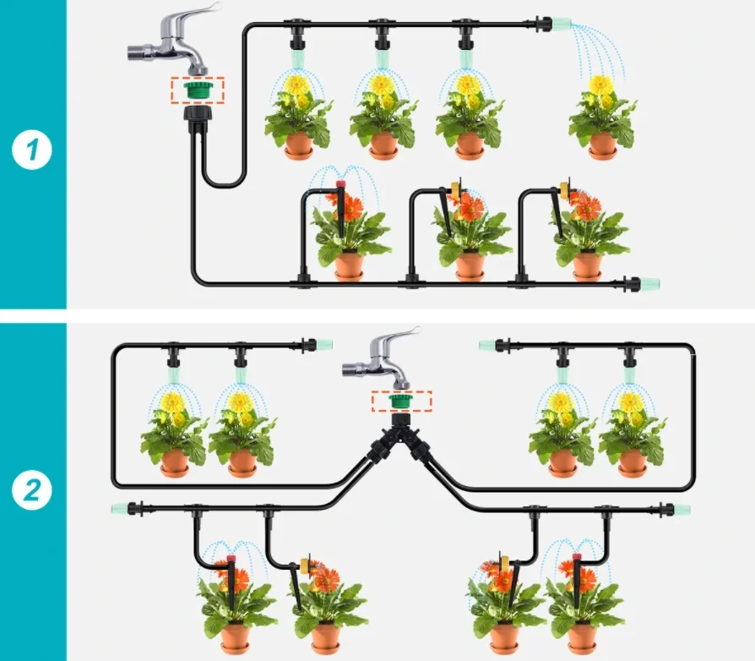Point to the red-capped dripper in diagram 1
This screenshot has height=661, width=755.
click(341, 183)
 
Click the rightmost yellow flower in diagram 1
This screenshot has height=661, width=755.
click(600, 85)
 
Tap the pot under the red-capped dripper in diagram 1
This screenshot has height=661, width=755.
click(348, 265)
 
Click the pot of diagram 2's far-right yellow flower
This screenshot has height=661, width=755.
click(632, 462)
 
